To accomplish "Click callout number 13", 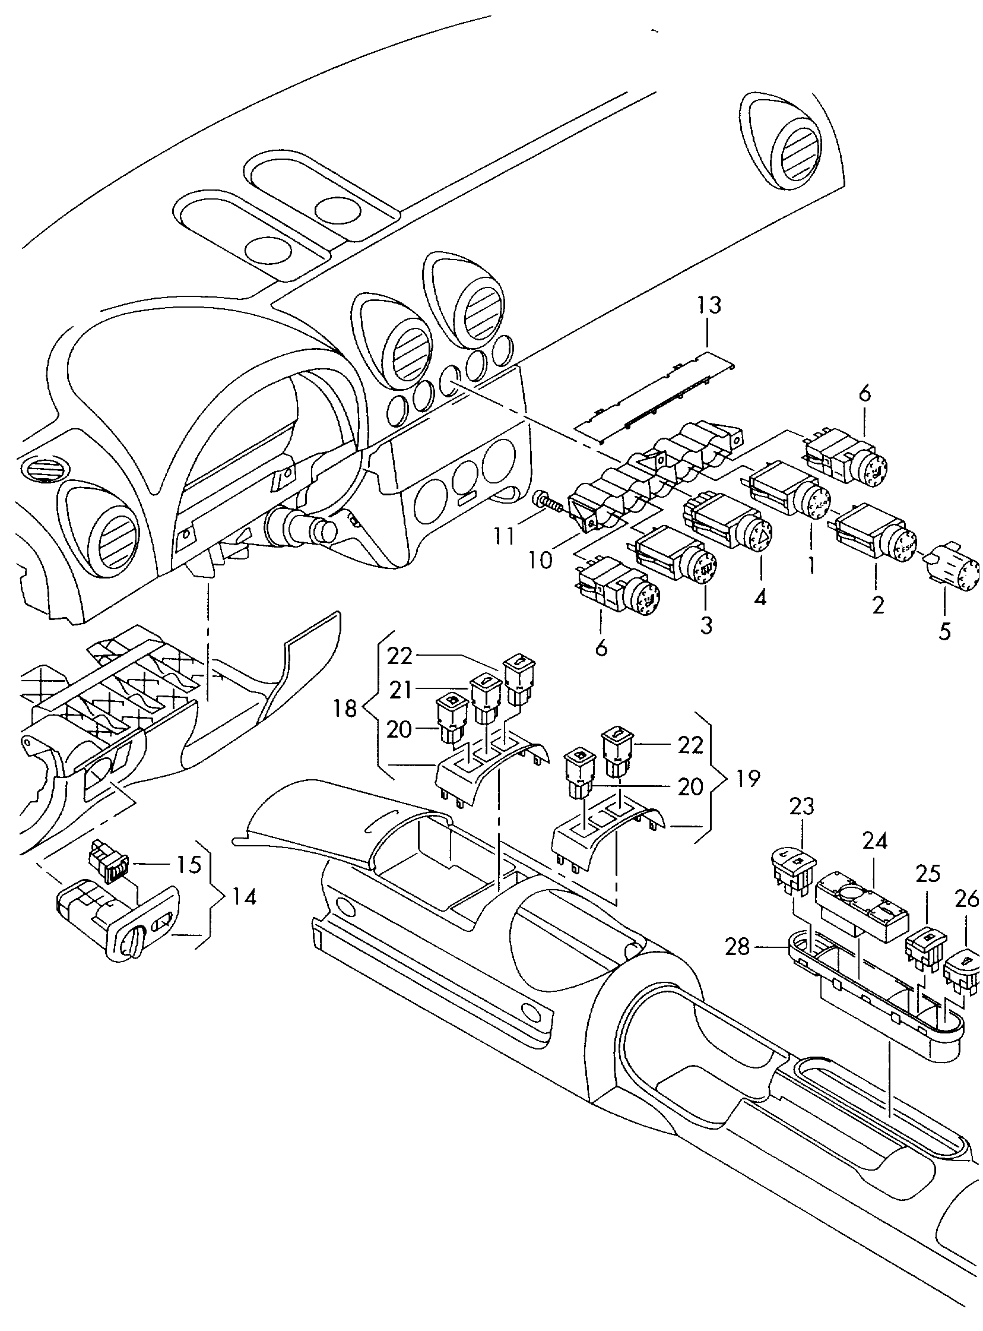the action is [x=710, y=305].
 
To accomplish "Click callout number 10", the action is [x=540, y=560].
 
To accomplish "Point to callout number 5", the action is [x=945, y=631].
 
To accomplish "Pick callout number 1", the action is [x=811, y=565].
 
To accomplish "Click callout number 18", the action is [x=345, y=709].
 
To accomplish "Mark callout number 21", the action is [x=401, y=690].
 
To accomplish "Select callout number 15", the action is [x=189, y=865].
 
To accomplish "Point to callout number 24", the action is [x=875, y=841].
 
